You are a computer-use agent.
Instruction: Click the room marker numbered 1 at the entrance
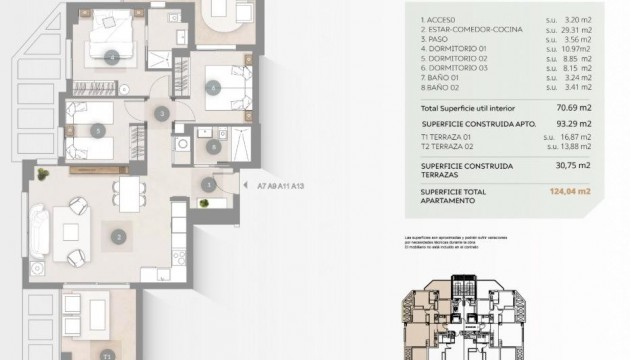208,183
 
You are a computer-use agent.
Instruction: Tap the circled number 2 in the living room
119,237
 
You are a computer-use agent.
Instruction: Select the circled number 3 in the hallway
163,114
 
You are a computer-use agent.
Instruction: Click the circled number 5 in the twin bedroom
97,130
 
